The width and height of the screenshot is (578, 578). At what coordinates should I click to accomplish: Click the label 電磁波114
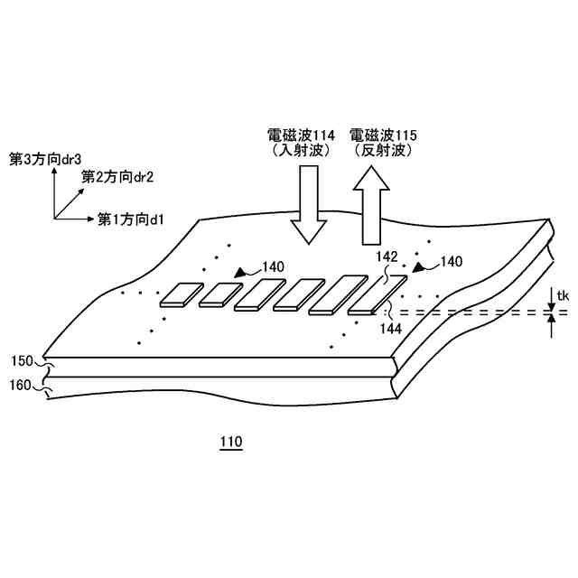point(302,135)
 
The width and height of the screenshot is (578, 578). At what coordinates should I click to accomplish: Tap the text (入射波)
point(302,152)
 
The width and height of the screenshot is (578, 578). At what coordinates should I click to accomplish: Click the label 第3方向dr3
point(41,159)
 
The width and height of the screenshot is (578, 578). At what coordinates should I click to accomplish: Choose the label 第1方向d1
point(130,219)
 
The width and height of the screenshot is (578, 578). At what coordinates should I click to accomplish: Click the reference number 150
point(23,361)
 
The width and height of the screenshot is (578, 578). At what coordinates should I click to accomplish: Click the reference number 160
point(23,385)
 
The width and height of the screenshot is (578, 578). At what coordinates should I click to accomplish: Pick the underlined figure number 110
point(230,443)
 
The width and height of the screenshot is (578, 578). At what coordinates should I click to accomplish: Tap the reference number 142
point(386,257)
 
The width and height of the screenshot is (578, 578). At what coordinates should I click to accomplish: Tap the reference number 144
point(391,330)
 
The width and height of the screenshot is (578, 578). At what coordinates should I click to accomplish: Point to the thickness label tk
point(561,295)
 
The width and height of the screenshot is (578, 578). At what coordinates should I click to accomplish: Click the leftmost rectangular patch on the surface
point(182,294)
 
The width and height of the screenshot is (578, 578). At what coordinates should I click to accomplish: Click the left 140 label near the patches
point(273,267)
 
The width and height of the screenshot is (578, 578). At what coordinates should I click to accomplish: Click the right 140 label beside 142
point(451,261)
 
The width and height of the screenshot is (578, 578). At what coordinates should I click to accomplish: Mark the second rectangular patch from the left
point(219,294)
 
